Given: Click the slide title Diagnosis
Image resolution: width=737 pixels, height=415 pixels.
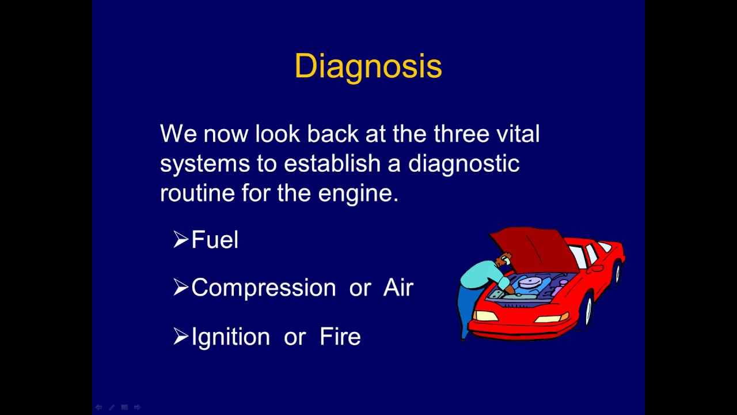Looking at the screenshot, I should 368,66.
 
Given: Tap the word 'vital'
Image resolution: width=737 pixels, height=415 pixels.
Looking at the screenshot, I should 518,134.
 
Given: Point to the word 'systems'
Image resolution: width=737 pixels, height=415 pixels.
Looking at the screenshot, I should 204,164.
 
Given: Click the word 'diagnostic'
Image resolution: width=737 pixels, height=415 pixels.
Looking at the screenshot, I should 464,164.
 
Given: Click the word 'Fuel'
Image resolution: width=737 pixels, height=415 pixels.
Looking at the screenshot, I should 215,240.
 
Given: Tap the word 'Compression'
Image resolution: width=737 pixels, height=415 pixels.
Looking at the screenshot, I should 263,288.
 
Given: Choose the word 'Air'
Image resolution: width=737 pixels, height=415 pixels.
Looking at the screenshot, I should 398,288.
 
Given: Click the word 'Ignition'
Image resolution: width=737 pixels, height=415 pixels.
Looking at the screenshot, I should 230,337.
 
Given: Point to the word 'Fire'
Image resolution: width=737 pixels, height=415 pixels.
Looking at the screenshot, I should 340,337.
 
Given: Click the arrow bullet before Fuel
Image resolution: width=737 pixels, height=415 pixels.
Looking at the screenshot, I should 181,240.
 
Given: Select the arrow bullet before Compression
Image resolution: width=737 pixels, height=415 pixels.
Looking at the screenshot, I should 181,288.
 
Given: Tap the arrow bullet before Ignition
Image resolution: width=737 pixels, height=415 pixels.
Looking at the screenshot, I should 181,337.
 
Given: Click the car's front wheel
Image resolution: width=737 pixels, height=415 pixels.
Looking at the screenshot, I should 587,311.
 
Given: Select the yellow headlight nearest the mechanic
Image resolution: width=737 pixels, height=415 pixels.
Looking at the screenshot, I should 485,315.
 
